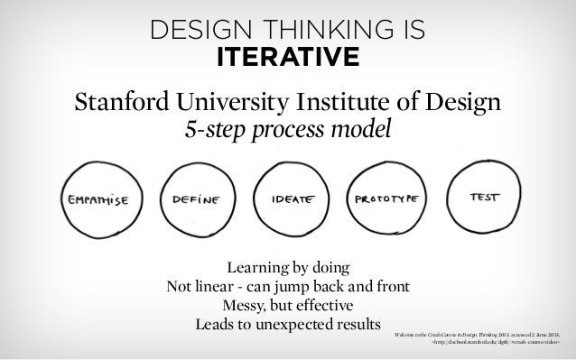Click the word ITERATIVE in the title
[x=288, y=59]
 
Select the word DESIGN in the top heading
[x=191, y=32]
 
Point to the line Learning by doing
[x=288, y=269]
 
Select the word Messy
[x=247, y=305]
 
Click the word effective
[x=328, y=305]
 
